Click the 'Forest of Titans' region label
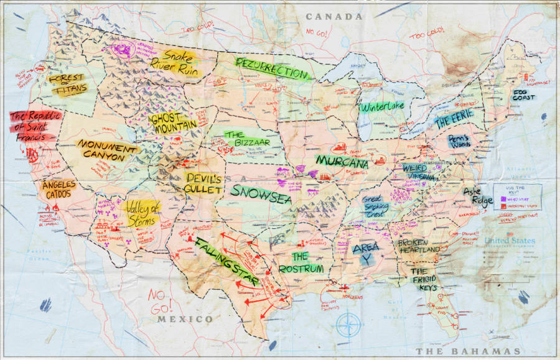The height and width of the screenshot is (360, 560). point(67,84)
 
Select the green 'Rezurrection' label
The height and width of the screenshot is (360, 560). point(271,69)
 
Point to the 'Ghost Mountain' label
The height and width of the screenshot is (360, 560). point(174,121)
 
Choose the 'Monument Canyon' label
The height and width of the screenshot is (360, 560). point(106,150)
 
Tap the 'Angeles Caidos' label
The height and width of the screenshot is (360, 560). point(60,189)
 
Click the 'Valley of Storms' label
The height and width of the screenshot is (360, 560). point(142,213)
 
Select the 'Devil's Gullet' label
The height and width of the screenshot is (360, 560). point(203,183)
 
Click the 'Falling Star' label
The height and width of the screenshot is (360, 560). point(226,261)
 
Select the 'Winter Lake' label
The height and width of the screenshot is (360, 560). point(382,106)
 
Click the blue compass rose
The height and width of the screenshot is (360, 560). point(349,324)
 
